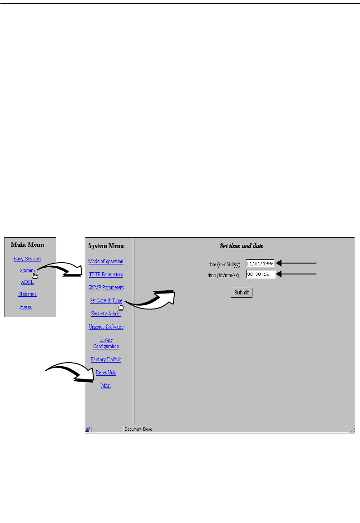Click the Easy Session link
[x=27, y=259]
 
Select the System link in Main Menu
[x=27, y=270]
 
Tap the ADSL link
[x=27, y=282]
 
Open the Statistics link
[x=27, y=294]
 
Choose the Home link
[x=26, y=307]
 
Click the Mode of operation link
[x=106, y=261]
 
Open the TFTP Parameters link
[x=105, y=274]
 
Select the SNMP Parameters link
[x=106, y=288]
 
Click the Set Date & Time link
[x=106, y=300]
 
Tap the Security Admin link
[x=106, y=314]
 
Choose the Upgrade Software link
[x=106, y=327]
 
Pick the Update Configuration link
[x=106, y=343]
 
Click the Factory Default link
[x=106, y=359]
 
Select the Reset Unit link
[x=106, y=373]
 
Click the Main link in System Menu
[x=106, y=386]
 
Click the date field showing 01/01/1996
[x=260, y=263]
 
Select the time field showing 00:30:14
[x=260, y=274]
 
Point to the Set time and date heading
[x=242, y=246]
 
